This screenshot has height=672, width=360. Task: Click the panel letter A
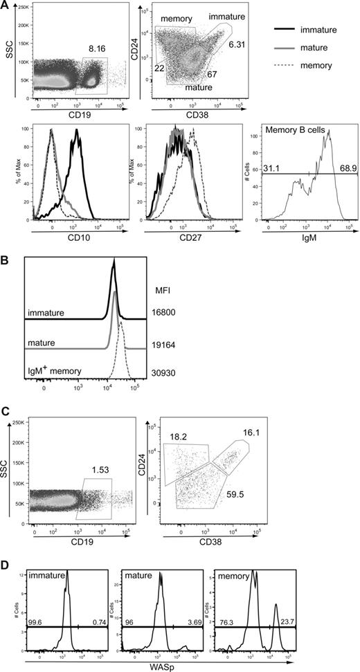pyautogui.click(x=6, y=6)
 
